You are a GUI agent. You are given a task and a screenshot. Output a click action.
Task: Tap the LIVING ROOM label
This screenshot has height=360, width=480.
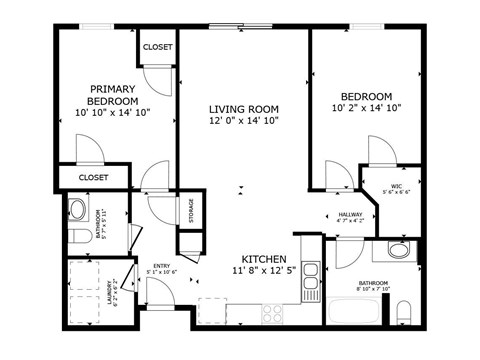243,109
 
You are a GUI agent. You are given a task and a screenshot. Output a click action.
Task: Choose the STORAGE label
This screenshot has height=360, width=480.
190,212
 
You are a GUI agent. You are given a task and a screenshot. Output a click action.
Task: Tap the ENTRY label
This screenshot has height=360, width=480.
161,266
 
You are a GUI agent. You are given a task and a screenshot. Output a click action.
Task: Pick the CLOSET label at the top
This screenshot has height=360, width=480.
157,47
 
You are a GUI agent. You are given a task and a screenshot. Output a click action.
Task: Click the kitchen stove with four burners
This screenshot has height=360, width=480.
272,313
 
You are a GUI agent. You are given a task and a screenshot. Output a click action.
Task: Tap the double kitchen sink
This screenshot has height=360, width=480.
311,276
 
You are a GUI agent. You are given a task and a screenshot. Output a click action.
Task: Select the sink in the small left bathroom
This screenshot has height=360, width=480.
77,210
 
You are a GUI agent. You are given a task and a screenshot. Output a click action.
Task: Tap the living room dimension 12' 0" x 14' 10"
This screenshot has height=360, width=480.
243,121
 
